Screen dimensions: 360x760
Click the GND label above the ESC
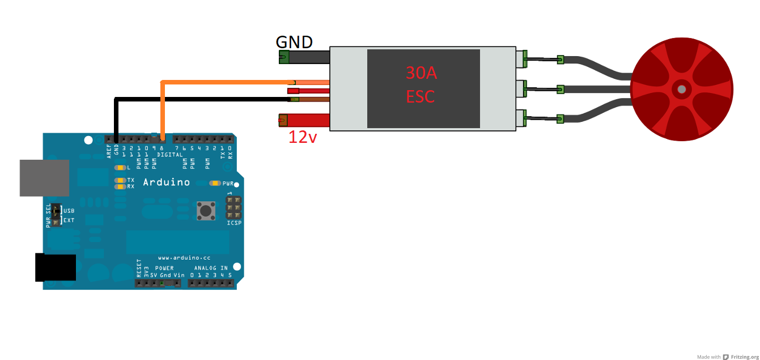294,42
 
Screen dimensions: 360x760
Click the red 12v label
302,137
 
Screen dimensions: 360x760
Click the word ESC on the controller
421,97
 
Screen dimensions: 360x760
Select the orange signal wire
227,83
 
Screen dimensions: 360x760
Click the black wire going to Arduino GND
198,99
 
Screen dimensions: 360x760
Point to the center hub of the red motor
681,89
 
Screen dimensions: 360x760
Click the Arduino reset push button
205,211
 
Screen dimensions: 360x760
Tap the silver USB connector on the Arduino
44,177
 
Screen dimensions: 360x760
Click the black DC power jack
55,267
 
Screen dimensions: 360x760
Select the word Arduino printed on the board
166,183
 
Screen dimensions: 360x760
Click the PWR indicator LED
215,183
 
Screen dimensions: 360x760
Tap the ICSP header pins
233,208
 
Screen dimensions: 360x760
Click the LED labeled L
120,168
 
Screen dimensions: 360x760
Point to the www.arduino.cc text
184,258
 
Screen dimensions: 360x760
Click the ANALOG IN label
211,268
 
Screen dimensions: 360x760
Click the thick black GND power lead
306,57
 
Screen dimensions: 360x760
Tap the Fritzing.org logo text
744,357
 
